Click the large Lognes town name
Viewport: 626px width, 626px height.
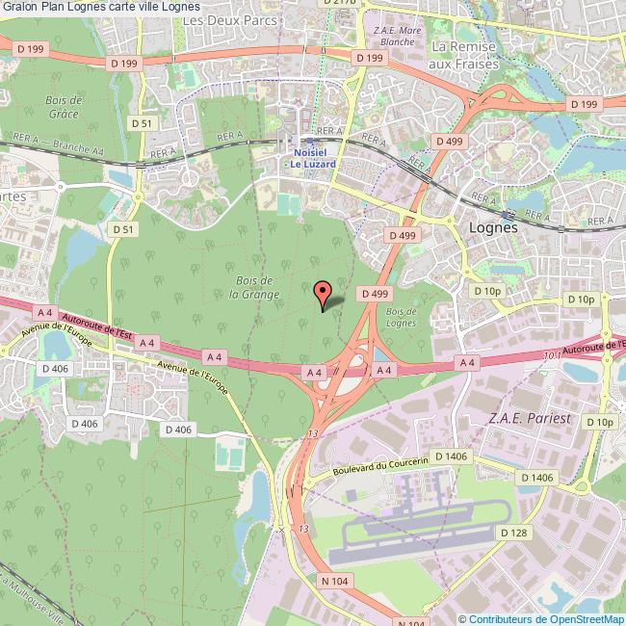coord(492,228)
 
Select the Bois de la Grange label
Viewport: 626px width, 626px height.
coord(255,287)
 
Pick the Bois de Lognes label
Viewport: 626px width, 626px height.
coord(401,317)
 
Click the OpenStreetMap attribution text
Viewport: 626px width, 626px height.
coord(541,619)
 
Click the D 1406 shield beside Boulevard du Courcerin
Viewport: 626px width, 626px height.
coord(451,456)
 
